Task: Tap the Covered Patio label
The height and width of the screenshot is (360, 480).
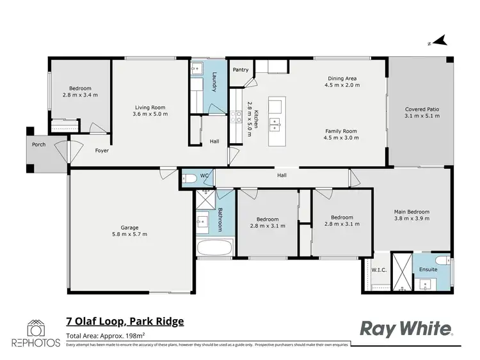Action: (x=422, y=109)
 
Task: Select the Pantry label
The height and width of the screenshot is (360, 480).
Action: (x=241, y=70)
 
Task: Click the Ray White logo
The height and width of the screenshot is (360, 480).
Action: (x=407, y=329)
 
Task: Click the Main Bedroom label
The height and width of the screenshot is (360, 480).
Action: (x=412, y=212)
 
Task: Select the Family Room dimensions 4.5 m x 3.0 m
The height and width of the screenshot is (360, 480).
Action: (x=340, y=137)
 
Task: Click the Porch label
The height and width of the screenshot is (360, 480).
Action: (x=38, y=145)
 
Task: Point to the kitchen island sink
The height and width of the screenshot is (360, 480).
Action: (x=275, y=122)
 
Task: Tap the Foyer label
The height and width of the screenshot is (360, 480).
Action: (x=102, y=151)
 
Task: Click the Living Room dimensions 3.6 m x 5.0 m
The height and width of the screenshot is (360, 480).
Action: (x=150, y=114)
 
